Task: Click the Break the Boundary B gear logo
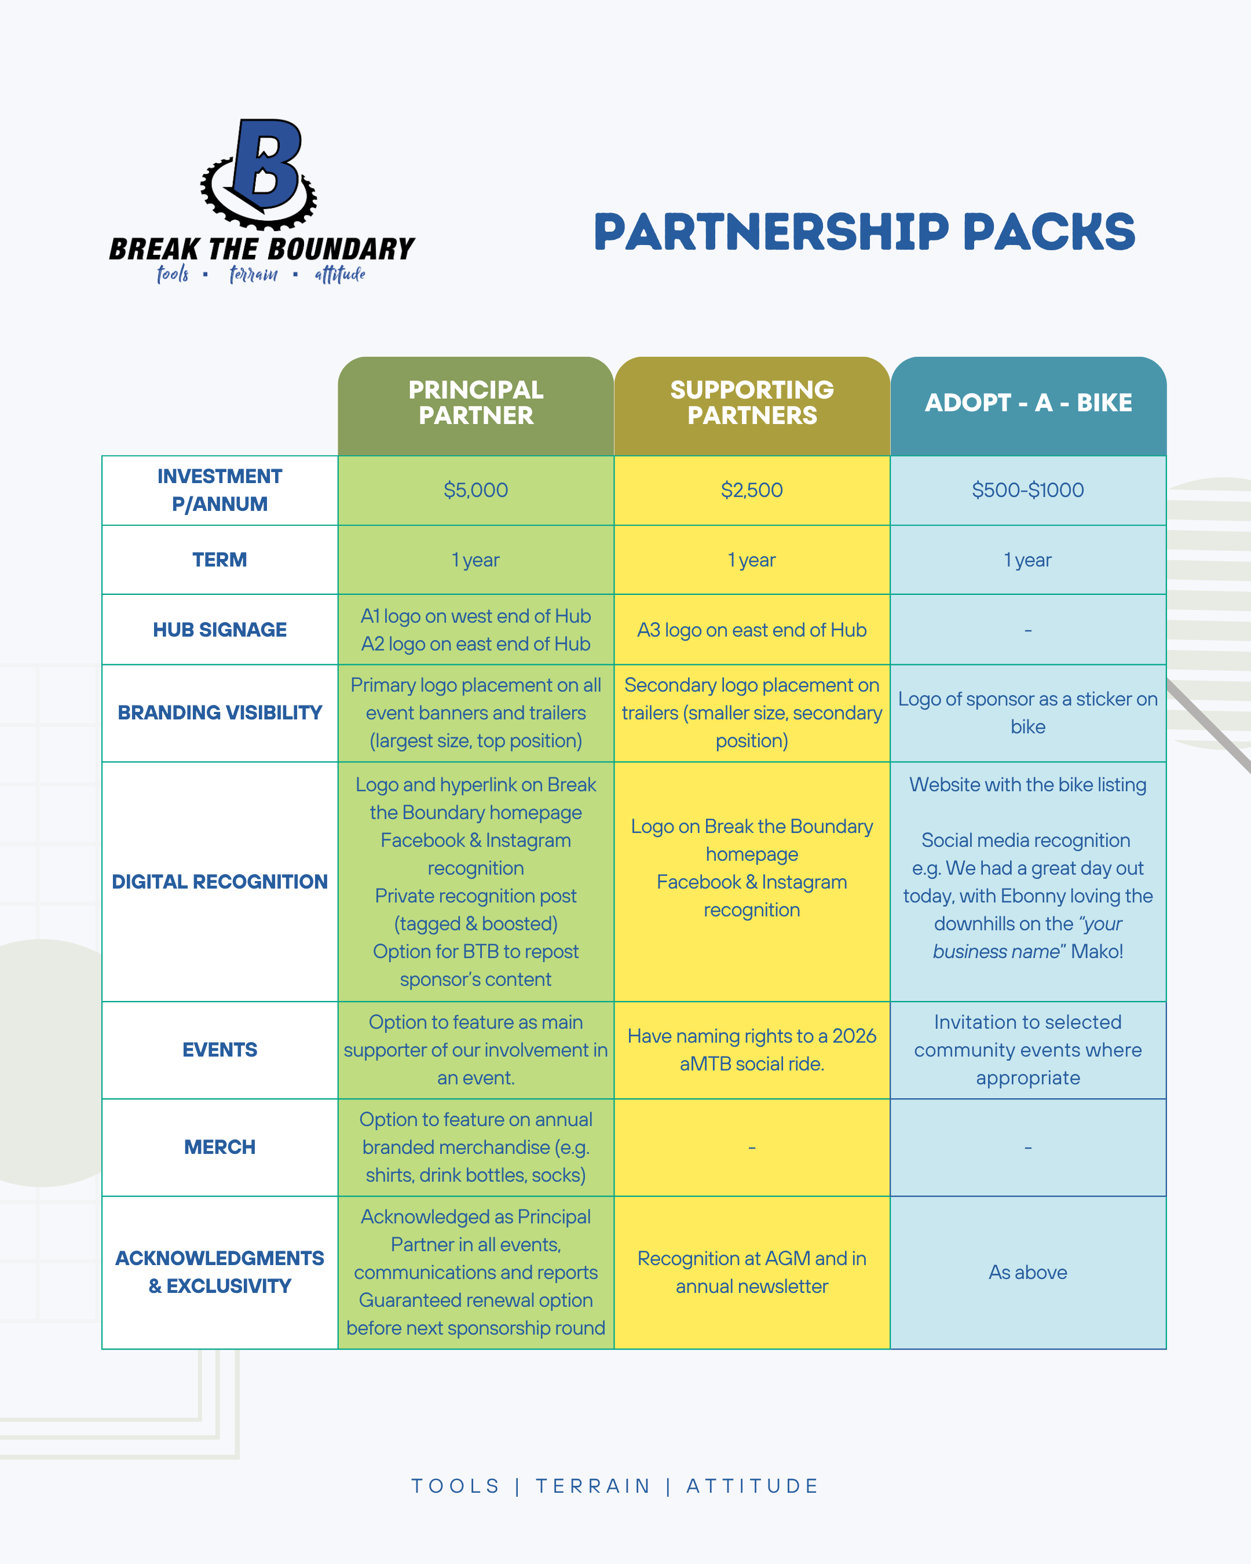(x=259, y=174)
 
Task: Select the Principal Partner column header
(x=475, y=403)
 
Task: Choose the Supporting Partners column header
(x=752, y=403)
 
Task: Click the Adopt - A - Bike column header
(x=1027, y=403)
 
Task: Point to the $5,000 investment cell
(x=475, y=491)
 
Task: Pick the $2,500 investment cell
(x=752, y=491)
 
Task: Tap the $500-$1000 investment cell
(x=1027, y=491)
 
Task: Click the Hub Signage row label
(x=220, y=630)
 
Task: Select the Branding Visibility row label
(x=220, y=712)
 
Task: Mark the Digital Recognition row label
(x=220, y=882)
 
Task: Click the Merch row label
(x=220, y=1147)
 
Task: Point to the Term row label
(x=220, y=560)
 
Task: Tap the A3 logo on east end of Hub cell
(x=752, y=630)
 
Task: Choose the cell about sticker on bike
(x=1027, y=712)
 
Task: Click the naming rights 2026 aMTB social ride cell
(x=752, y=1050)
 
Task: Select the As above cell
(x=1027, y=1273)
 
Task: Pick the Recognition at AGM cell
(x=752, y=1273)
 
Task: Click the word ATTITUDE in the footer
(x=752, y=1486)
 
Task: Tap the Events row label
(x=220, y=1050)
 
